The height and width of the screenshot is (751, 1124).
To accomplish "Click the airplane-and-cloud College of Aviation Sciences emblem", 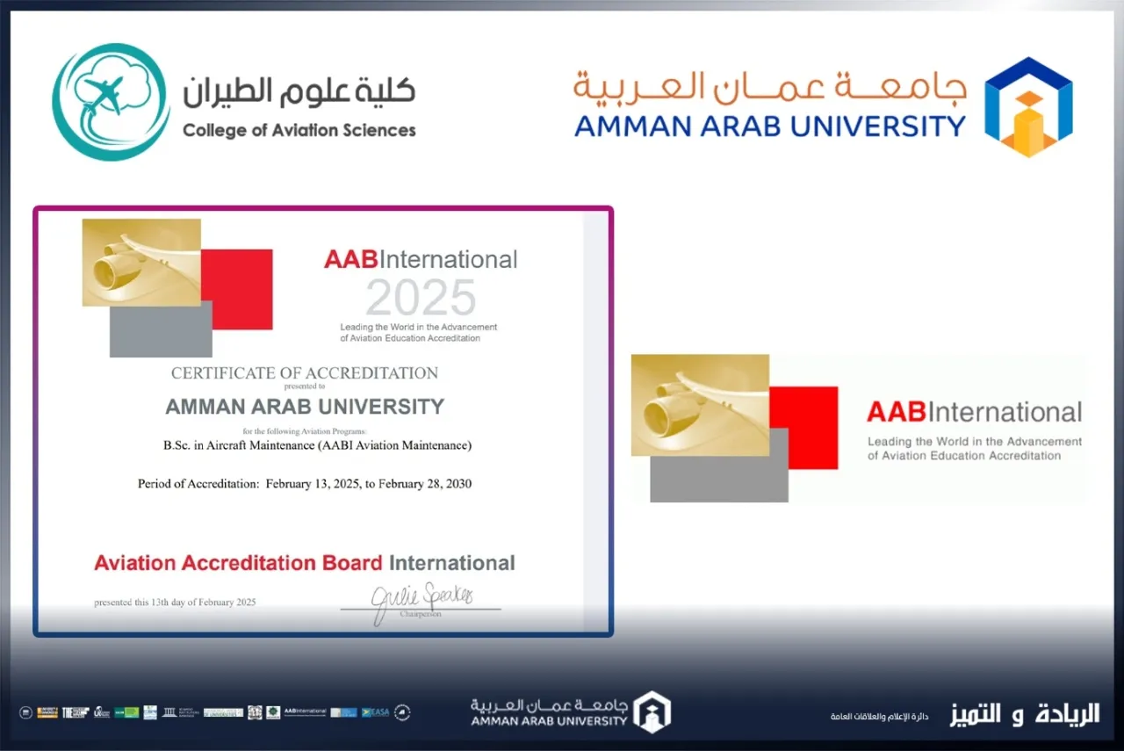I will tap(111, 102).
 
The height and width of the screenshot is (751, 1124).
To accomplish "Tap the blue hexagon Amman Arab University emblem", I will tap(1027, 106).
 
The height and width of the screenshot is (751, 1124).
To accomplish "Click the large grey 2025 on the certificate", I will tap(421, 298).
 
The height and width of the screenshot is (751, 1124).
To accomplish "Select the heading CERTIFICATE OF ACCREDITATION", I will tap(304, 373).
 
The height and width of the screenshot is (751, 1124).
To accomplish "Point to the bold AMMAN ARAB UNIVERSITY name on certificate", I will tap(305, 407).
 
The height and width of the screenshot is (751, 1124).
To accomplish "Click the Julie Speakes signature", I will tap(421, 599).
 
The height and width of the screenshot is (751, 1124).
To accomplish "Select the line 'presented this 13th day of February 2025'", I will tap(176, 603).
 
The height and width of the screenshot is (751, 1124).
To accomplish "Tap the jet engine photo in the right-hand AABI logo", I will tap(700, 405).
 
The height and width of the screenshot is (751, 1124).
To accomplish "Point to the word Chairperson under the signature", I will tap(421, 614).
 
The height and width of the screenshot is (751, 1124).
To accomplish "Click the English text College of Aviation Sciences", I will tap(299, 131).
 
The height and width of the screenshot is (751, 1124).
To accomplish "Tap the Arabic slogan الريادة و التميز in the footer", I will tap(1024, 714).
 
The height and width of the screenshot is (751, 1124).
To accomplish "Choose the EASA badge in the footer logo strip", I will tap(375, 711).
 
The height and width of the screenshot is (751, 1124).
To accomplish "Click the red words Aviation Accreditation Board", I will tap(238, 563).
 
